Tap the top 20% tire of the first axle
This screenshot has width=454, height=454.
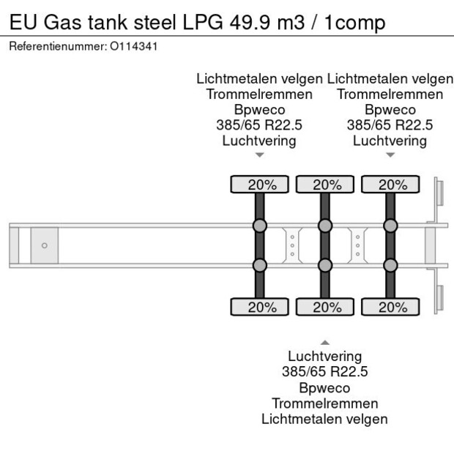pos(259,185)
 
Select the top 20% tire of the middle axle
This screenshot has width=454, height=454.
pos(324,185)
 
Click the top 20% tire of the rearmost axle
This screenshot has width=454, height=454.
pos(390,185)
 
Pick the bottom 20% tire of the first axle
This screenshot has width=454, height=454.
pos(259,307)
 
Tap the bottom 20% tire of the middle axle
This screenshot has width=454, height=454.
pos(324,307)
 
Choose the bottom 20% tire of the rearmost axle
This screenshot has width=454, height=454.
pos(390,307)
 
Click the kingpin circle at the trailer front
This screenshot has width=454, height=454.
pos(44,245)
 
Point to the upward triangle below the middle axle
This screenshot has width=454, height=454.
pos(324,342)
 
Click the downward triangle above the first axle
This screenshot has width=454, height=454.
pos(259,155)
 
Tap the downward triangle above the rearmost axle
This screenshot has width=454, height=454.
pos(390,155)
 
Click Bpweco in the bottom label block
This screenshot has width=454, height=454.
pos(324,387)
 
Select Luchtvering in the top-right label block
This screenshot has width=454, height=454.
pos(390,140)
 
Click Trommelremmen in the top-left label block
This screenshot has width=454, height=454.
pos(259,94)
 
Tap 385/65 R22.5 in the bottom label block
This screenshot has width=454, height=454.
pos(324,372)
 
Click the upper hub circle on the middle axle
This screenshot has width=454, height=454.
pos(324,225)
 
